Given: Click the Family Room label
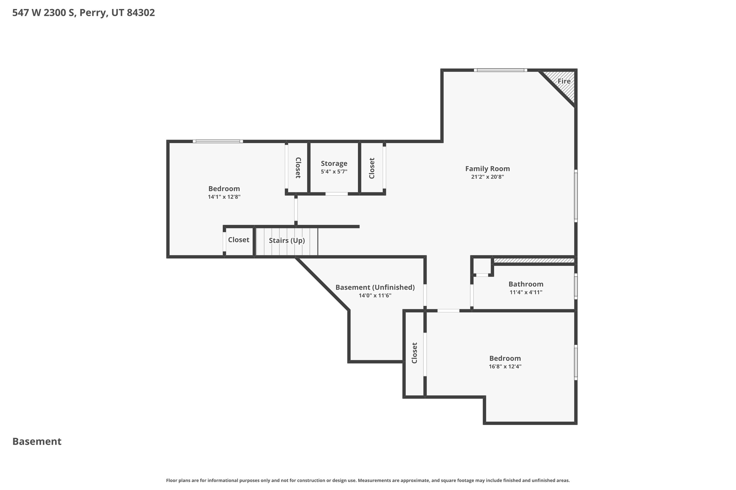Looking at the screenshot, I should point(487,169).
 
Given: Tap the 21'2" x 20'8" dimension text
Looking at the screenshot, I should point(487,177).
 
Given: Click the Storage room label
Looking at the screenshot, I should point(334,164).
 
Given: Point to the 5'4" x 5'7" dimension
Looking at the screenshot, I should point(334,172).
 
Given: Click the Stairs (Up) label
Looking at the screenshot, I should point(287,241).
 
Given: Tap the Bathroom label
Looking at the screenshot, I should point(526,284).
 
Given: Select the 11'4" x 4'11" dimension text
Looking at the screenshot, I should point(526,292).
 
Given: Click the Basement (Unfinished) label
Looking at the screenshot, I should point(375,288).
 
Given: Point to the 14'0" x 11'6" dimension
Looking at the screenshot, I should point(375,295).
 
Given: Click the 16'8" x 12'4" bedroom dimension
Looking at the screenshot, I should point(505,367).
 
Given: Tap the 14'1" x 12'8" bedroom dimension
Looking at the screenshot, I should point(224,197).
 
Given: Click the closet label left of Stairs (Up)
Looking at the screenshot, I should point(239,240).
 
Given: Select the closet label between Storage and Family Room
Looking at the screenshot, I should point(372,168).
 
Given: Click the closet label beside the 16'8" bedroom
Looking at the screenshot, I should point(414,353).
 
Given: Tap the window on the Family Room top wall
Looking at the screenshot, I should point(500,70).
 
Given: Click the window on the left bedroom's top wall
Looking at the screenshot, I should point(218,141).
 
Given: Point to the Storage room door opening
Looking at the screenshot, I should point(336,194).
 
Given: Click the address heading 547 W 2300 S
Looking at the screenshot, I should point(83,13).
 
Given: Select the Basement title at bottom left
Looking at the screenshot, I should point(37,442).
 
